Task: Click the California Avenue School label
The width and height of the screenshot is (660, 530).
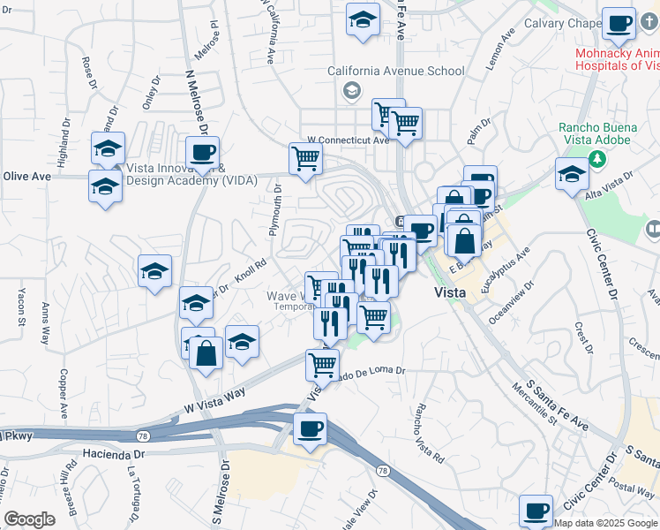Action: (x=395, y=71)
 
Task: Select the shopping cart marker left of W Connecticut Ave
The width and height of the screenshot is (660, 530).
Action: (x=305, y=159)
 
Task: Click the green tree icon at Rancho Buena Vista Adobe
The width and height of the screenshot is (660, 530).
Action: (x=597, y=159)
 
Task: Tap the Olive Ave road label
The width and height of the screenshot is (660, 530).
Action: (x=26, y=176)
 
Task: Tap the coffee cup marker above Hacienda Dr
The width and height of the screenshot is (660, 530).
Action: (x=310, y=429)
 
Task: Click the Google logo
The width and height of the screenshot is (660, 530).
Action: (x=29, y=519)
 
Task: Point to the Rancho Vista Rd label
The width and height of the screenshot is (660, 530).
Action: (x=429, y=433)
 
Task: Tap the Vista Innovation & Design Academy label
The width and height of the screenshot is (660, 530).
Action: (x=172, y=174)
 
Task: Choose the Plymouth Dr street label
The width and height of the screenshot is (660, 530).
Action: (x=276, y=210)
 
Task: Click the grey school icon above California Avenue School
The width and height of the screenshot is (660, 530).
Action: (x=351, y=90)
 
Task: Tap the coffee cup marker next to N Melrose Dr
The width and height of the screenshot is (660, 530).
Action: (x=202, y=151)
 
